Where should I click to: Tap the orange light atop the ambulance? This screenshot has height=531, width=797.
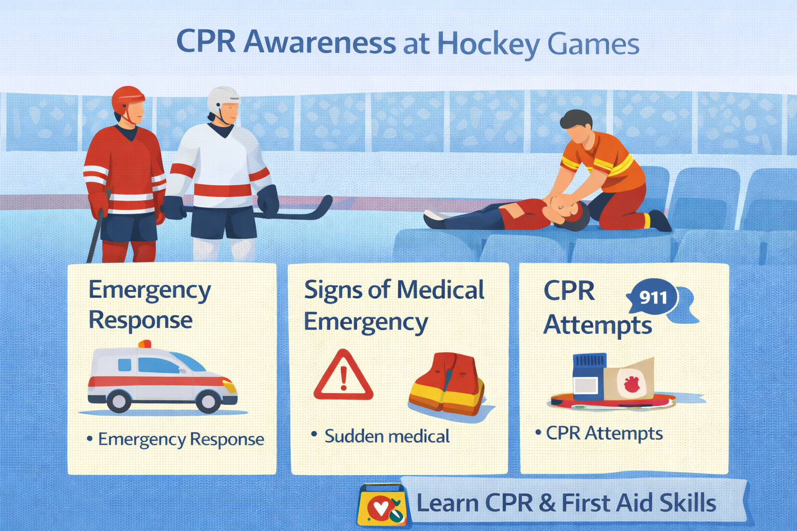pos(144,344)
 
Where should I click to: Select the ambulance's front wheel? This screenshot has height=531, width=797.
pos(208,400)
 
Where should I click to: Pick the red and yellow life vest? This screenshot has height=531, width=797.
pos(447,384)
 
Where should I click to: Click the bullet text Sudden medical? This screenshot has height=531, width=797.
pos(387,436)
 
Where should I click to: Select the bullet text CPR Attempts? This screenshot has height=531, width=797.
pos(604,433)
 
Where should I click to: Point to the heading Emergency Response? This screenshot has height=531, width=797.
pos(149,305)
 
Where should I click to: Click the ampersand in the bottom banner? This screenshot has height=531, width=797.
pos(547,503)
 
